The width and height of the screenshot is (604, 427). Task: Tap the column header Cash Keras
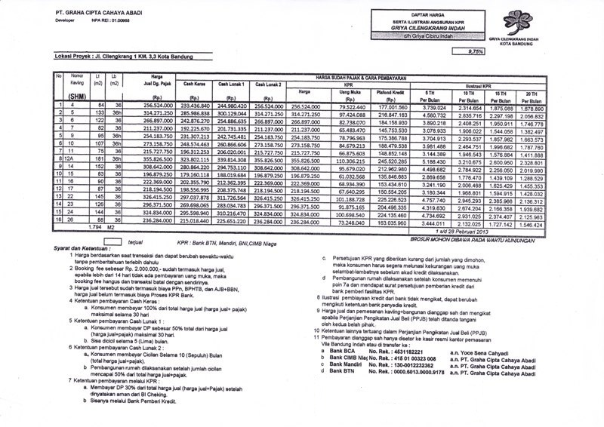(x=195, y=86)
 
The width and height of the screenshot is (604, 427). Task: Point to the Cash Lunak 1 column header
(x=233, y=86)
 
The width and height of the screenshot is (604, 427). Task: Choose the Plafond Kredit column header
(x=391, y=92)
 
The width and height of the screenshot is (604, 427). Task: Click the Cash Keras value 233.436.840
(x=195, y=106)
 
